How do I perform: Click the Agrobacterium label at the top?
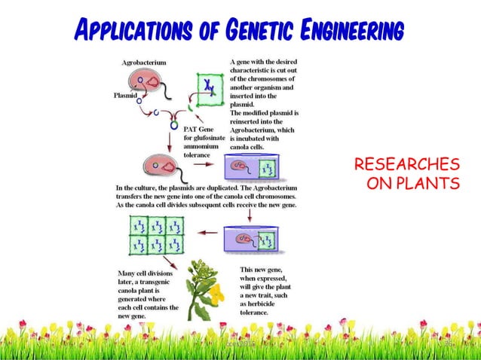point(144,63)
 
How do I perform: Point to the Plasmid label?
point(124,96)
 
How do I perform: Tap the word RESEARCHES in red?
point(406,165)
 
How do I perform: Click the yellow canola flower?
point(216,291)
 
